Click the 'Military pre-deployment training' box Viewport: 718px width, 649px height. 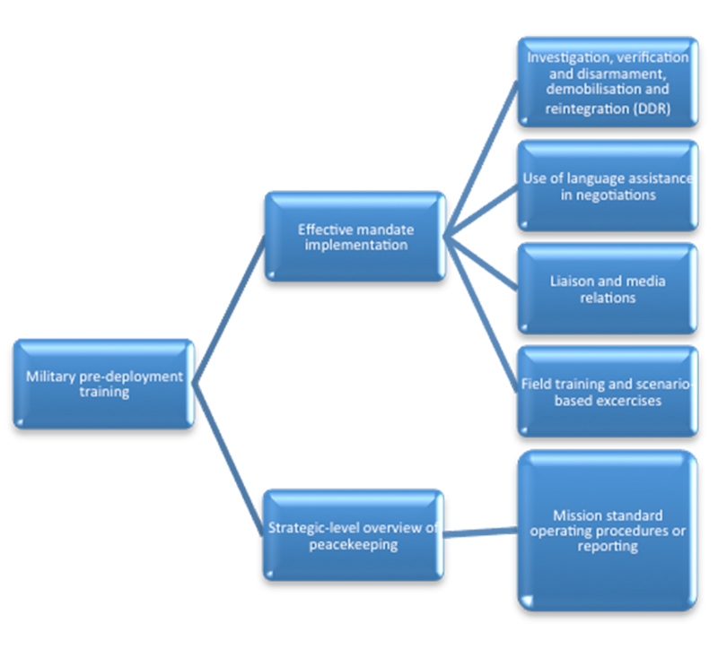[104, 384]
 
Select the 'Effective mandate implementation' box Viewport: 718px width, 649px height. [355, 236]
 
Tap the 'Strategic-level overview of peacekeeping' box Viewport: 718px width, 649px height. [354, 535]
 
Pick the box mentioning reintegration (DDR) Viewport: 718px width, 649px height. [608, 82]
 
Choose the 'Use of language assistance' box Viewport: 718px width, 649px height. [608, 186]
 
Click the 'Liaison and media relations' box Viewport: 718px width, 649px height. [608, 289]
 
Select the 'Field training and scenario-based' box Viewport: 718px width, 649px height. [608, 392]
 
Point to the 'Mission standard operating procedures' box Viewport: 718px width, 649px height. [608, 531]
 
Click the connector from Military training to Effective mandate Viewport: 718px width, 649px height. [230, 309]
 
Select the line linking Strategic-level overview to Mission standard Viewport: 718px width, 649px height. [480, 532]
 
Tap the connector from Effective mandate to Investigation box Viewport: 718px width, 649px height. [481, 159]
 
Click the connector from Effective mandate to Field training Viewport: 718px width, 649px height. [481, 314]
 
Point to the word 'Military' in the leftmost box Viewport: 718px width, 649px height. [51, 376]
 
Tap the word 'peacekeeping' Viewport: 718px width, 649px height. [353, 545]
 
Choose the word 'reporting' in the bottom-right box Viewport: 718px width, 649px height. [608, 546]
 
